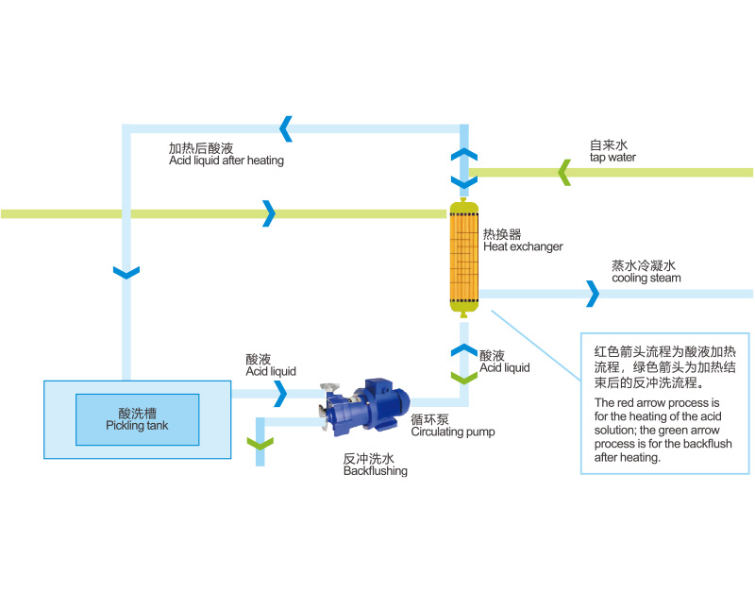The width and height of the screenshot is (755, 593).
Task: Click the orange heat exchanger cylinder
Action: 463,253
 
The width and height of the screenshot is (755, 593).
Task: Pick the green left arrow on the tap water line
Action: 563,172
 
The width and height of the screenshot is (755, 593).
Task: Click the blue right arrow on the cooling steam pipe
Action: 592,294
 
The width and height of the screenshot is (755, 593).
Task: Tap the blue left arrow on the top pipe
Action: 286,127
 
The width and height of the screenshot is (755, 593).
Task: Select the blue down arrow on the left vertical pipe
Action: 126,273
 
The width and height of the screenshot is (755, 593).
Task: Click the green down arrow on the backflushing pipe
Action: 259,442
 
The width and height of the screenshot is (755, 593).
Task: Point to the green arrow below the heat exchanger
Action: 463,377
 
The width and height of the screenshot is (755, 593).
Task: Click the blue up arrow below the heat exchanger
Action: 463,350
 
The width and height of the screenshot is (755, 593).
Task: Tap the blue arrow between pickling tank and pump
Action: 280,395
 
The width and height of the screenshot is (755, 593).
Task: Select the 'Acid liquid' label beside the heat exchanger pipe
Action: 504,362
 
